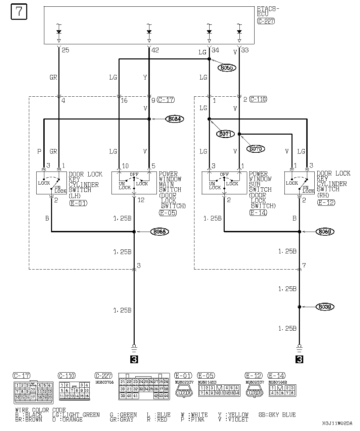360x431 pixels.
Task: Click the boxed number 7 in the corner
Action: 19,12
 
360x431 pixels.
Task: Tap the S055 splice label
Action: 227,68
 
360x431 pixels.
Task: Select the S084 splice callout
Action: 175,119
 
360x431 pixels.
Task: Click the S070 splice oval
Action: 256,148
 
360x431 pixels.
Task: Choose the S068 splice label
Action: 160,232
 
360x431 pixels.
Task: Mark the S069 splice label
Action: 325,232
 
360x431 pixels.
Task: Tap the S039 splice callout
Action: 325,307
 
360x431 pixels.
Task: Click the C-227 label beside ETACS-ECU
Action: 266,21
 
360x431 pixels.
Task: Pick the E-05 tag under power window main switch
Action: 168,212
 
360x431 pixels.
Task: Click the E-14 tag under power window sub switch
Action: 258,212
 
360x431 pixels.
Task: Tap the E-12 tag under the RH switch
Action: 326,202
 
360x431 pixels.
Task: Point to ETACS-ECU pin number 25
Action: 65,50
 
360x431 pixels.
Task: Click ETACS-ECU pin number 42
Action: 155,50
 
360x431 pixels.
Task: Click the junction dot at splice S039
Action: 299,307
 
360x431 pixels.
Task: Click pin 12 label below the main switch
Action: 141,200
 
